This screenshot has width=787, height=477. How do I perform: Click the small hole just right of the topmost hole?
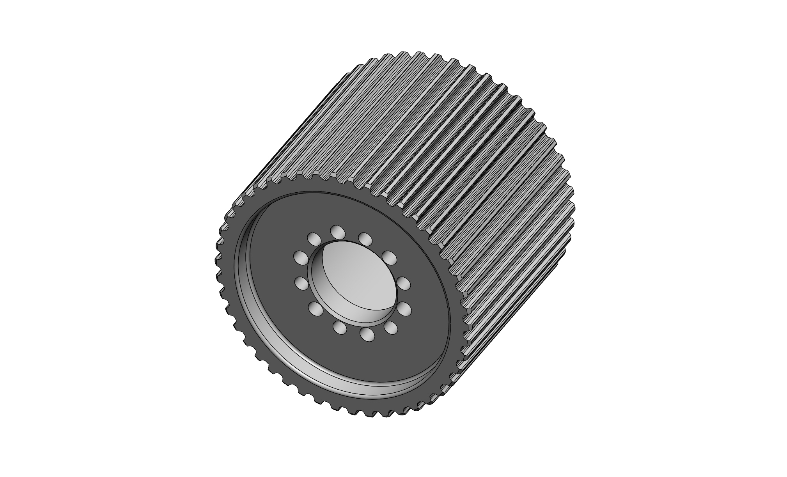click(x=365, y=238)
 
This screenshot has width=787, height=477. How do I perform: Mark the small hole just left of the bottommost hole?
click(x=340, y=328)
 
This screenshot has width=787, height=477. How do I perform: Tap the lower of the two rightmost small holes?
click(x=404, y=309)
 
